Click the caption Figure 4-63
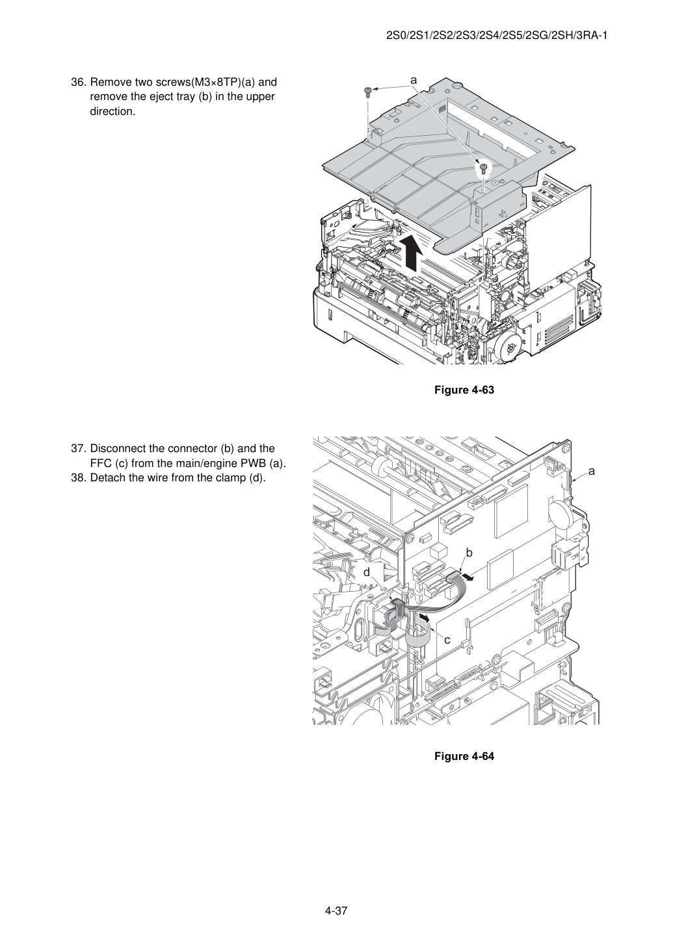point(464,390)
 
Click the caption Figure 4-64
point(464,756)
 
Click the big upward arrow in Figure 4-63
point(412,253)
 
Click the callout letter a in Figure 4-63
point(414,80)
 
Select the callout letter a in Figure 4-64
point(592,471)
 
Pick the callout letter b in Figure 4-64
point(469,553)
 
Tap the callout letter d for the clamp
point(367,572)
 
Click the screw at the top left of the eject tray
point(368,92)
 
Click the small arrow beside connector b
point(468,577)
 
